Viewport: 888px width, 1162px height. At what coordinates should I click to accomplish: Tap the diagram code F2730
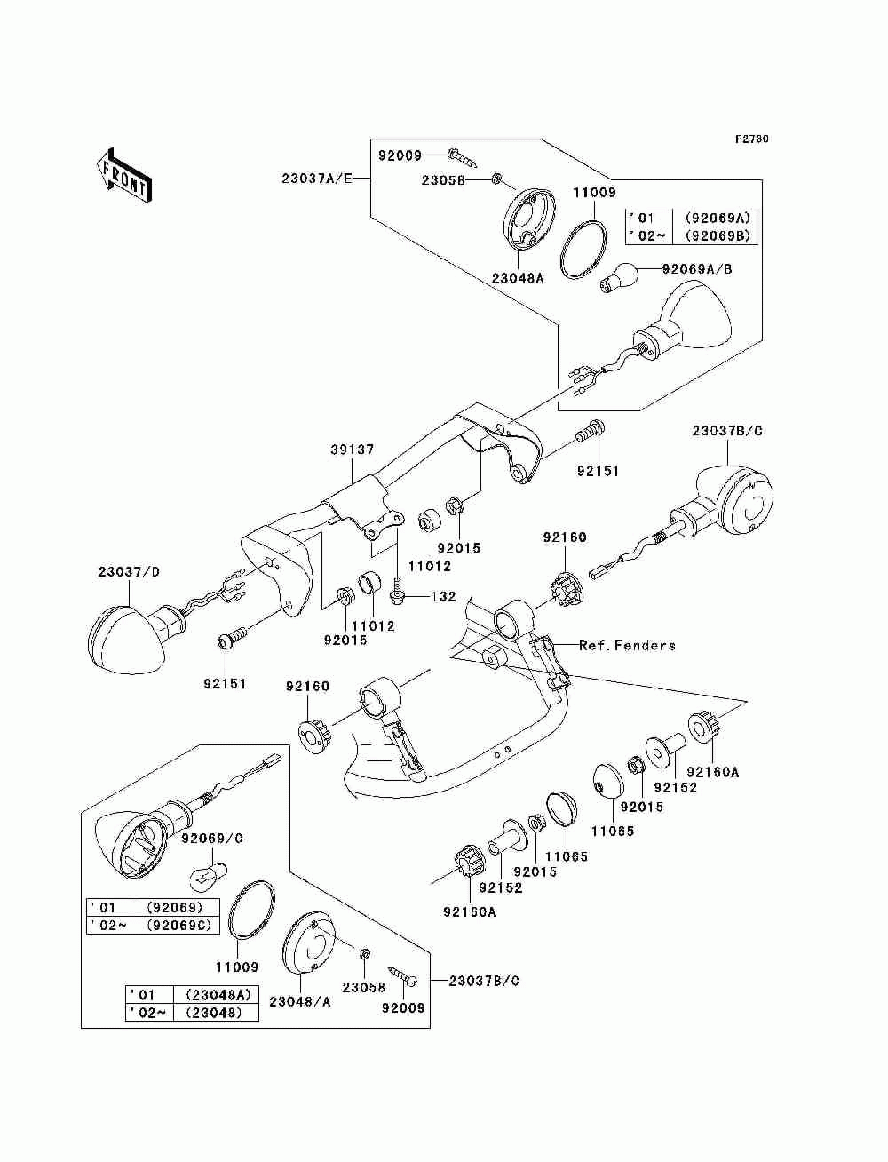coord(751,139)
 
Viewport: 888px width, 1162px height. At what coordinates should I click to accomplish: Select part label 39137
coord(352,450)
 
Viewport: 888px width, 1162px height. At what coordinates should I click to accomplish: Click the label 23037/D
coord(129,572)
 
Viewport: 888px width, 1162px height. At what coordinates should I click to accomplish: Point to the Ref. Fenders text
coord(627,645)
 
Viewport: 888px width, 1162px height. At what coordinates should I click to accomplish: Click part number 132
coord(443,597)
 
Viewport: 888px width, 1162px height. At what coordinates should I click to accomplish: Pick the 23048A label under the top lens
coord(517,278)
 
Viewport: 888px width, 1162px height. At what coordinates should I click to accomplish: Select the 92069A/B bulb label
coord(697,269)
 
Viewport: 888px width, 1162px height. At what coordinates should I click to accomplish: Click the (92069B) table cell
coord(718,236)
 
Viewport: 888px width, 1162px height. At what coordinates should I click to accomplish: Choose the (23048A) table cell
coord(218,994)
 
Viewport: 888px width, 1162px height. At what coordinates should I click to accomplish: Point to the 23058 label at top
coord(443,180)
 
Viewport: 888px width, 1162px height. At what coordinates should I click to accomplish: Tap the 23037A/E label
coord(316,179)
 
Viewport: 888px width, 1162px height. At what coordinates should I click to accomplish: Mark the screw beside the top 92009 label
coord(462,157)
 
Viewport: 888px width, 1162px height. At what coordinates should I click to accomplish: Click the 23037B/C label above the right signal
coord(727,431)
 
